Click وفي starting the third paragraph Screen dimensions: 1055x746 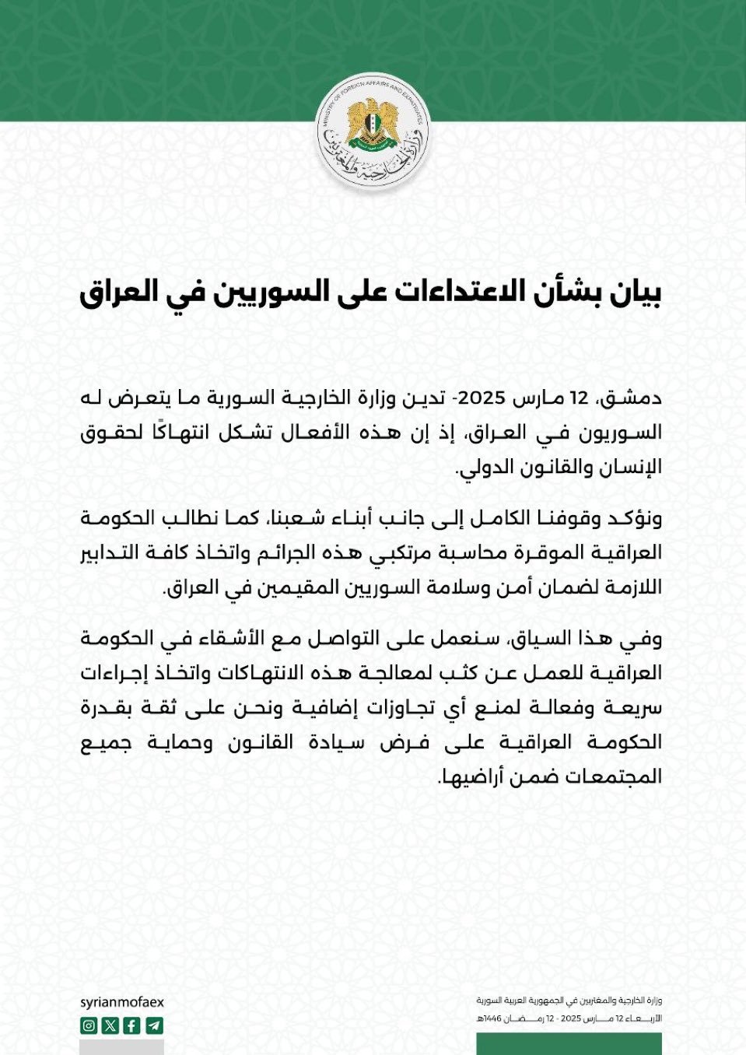646,639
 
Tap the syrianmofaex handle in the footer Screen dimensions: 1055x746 122,1002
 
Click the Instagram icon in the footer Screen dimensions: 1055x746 89,1025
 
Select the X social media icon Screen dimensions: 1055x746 110,1025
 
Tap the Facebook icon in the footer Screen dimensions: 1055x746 132,1025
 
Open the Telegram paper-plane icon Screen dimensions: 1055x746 154,1025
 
